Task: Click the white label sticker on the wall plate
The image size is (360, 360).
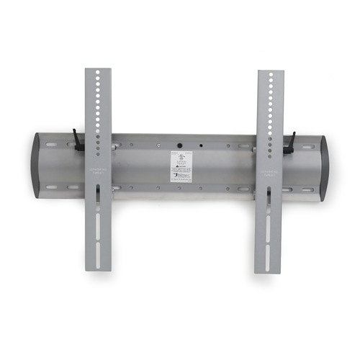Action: coord(181,166)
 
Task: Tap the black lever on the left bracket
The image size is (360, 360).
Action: coord(78,140)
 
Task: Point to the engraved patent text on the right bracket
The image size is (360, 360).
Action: coord(270,174)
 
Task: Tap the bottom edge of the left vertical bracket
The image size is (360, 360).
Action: coord(99,270)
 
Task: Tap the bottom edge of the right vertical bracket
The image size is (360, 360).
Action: coord(269,272)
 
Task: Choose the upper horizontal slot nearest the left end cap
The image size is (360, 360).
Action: coord(53,144)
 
